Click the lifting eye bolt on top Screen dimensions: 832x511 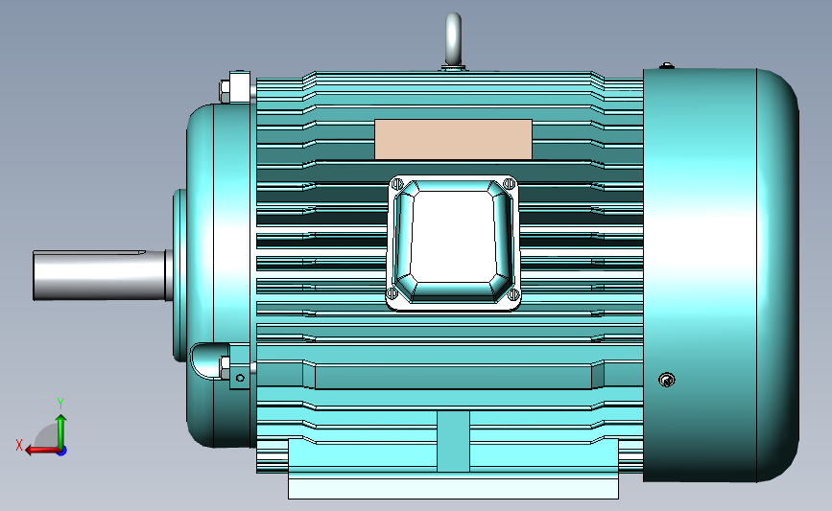(453, 39)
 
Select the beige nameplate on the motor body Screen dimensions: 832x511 (453, 139)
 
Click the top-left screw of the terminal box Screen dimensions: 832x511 (397, 184)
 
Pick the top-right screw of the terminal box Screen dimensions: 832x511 (510, 184)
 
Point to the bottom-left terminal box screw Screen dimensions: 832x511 (392, 292)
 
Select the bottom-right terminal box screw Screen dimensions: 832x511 (513, 293)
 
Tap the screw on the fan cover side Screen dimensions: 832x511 (667, 380)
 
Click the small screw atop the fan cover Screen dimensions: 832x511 (667, 66)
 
